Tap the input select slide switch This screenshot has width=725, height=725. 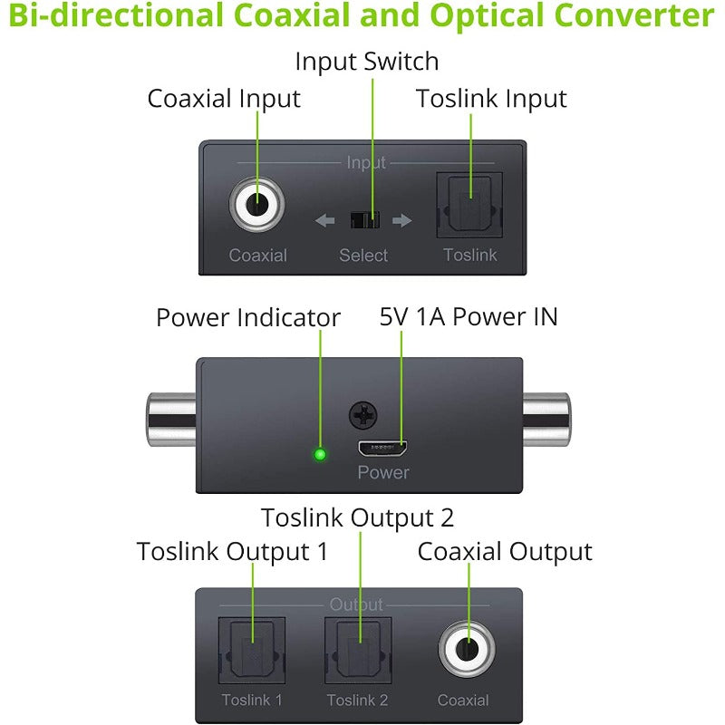pyautogui.click(x=363, y=220)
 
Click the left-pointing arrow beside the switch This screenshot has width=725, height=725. pyautogui.click(x=324, y=220)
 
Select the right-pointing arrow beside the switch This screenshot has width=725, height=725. pyautogui.click(x=402, y=220)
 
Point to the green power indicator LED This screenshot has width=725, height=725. pyautogui.click(x=319, y=454)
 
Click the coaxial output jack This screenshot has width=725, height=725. pyautogui.click(x=467, y=649)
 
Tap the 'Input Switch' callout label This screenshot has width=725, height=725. pyautogui.click(x=366, y=62)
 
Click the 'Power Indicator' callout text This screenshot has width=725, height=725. pyautogui.click(x=247, y=318)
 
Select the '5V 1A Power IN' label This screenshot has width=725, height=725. pyautogui.click(x=469, y=316)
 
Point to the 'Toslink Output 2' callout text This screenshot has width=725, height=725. pyautogui.click(x=357, y=517)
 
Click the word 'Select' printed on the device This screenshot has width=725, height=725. pyautogui.click(x=363, y=256)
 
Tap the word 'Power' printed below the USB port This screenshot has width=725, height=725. pyautogui.click(x=383, y=472)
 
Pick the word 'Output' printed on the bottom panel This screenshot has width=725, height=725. pyautogui.click(x=356, y=604)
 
